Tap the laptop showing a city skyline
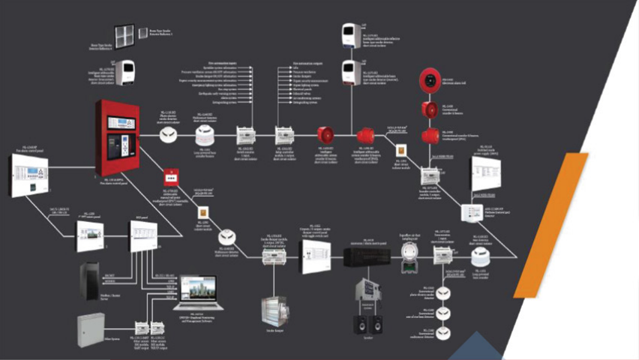(193, 295)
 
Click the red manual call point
(170, 178)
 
